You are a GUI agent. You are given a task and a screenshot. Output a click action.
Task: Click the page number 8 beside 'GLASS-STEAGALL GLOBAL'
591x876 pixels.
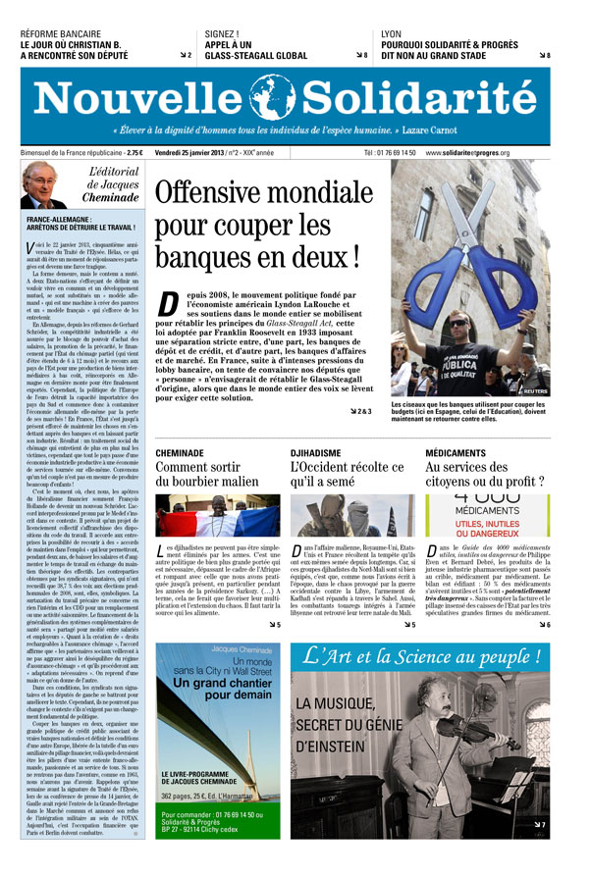click(x=366, y=56)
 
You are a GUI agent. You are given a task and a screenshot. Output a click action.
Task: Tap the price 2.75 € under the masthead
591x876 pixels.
click(x=134, y=153)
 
